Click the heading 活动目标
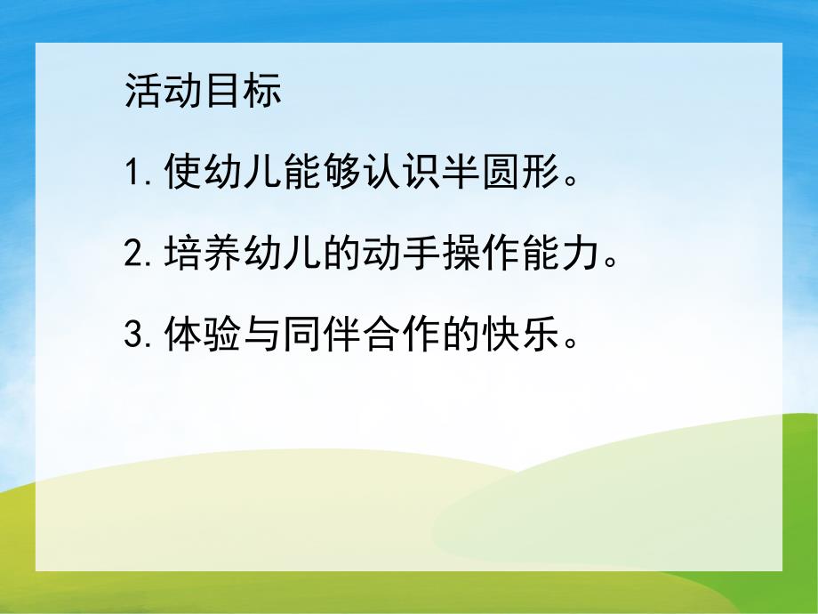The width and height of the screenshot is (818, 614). (204, 93)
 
